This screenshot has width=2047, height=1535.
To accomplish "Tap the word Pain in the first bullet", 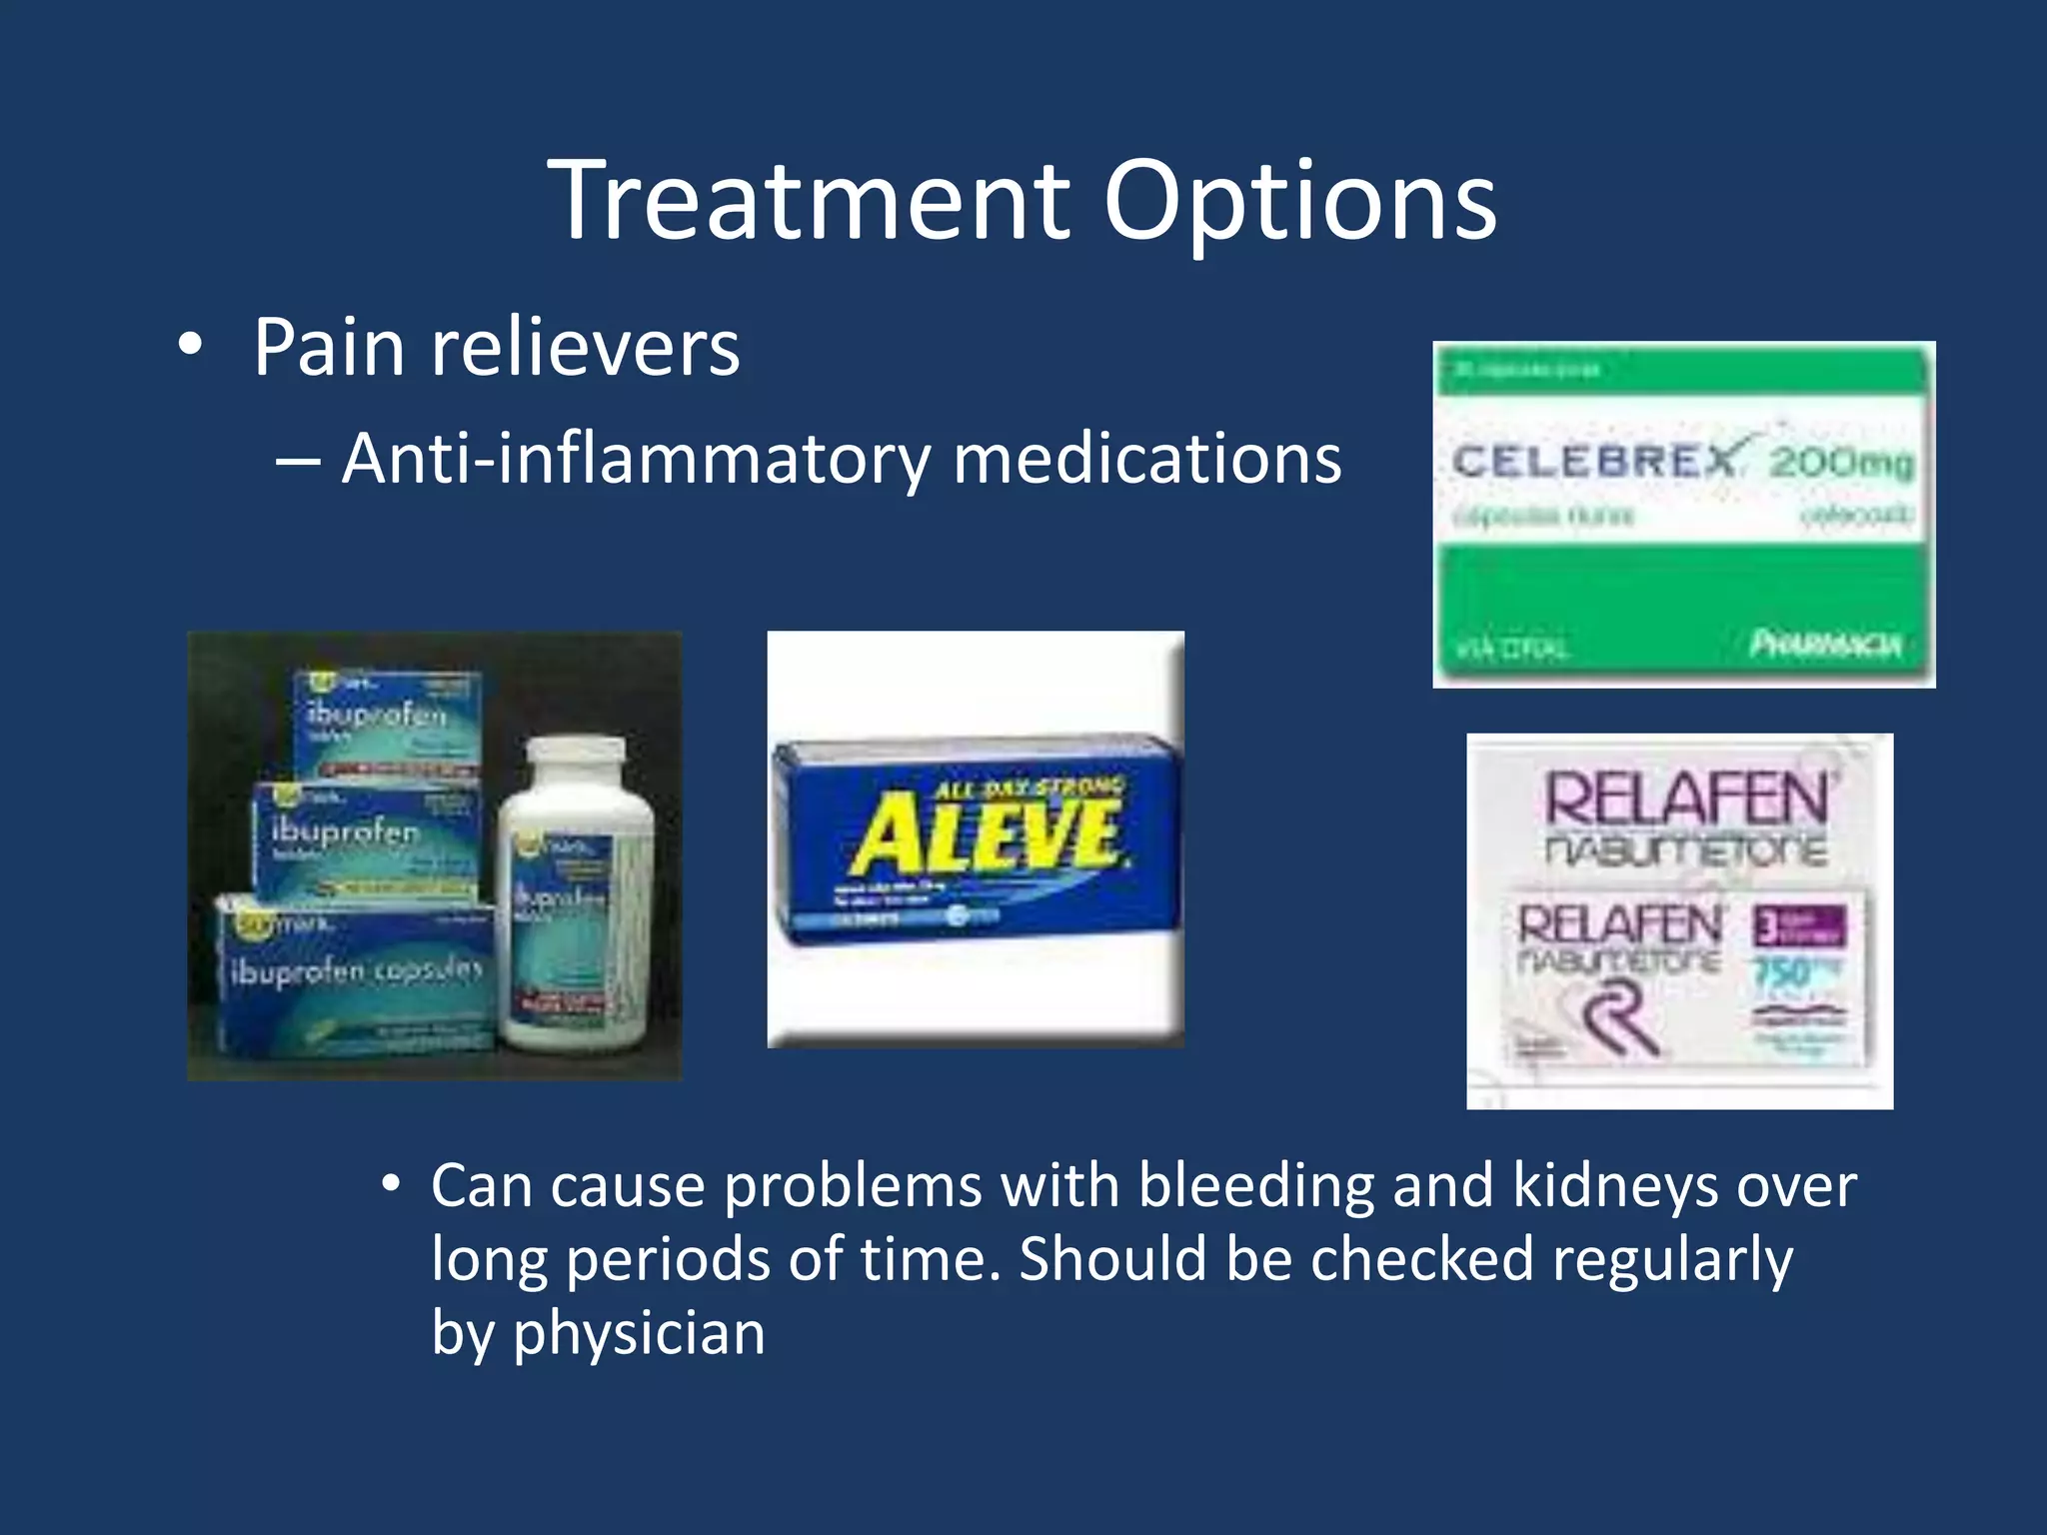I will point(329,348).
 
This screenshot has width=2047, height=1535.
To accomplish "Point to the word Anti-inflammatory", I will point(636,460).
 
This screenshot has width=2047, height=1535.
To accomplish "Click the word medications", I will point(1146,460).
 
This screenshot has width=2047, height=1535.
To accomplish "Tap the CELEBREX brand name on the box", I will point(1595,462).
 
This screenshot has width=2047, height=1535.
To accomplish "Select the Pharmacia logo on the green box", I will point(1825,645).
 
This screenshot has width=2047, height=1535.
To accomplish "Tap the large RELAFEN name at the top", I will point(1687,799).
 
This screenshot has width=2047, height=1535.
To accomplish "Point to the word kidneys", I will point(1615,1186).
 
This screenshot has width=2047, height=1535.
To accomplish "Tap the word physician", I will point(639,1334).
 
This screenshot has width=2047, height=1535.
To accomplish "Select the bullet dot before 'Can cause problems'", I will point(391,1185).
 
